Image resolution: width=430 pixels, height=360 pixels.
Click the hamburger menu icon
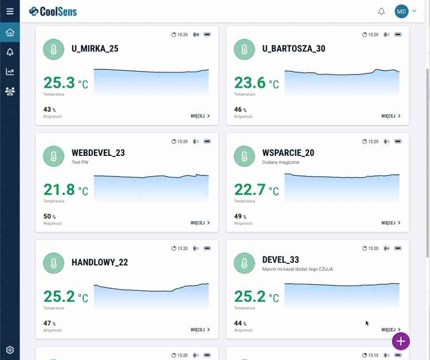coord(10,11)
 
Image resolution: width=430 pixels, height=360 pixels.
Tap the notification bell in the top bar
coord(381,11)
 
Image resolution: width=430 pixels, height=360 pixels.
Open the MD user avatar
coord(401,11)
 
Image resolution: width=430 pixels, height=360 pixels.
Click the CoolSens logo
coord(53,11)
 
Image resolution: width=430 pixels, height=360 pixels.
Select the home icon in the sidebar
coord(10,32)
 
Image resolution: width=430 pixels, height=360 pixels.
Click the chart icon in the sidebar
coord(10,72)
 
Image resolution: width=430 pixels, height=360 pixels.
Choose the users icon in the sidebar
coord(10,91)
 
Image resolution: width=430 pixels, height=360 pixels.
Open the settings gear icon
coord(10,350)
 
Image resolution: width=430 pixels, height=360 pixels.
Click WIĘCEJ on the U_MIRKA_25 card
coord(200,116)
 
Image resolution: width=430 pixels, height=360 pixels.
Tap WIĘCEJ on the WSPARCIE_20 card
coord(390,222)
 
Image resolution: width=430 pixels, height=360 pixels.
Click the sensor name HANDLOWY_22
coord(100,263)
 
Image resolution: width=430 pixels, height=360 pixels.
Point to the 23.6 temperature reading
coord(251,83)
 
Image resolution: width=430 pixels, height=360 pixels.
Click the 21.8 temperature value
coord(60,190)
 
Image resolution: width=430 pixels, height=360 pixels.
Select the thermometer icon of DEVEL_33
coord(244,263)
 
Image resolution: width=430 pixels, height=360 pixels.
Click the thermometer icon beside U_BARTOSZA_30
coord(244,49)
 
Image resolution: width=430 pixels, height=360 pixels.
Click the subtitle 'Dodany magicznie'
coord(280,162)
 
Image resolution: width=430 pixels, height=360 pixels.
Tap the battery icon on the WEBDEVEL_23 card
coord(207,142)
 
